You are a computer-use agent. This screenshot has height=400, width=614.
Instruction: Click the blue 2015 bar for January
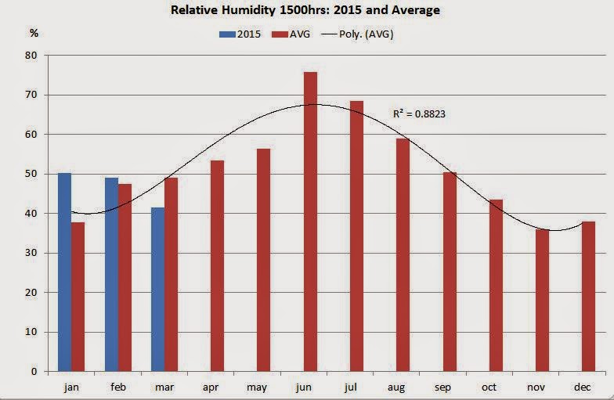coord(64,272)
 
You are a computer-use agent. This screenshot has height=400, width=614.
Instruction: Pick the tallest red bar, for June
coord(310,222)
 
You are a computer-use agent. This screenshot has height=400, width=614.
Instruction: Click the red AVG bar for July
coord(357,236)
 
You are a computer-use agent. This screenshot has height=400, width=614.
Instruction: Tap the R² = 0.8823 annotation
coord(419,114)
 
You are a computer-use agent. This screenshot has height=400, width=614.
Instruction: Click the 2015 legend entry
coord(242,34)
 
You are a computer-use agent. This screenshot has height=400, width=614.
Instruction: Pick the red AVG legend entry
coord(294,34)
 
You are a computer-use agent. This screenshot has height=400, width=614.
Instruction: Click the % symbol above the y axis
coord(34,33)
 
